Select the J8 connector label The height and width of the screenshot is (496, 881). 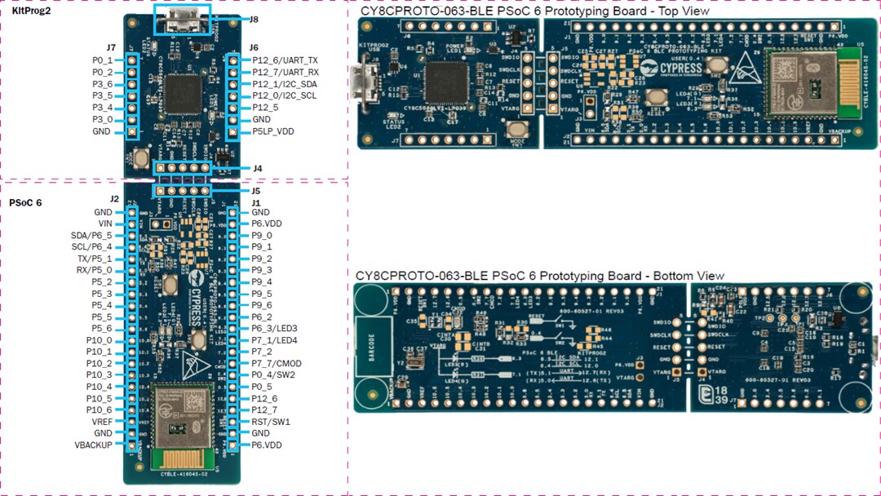(x=254, y=20)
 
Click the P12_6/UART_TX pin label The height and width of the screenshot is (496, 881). (x=285, y=60)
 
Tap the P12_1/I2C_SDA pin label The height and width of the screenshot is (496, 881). (x=285, y=84)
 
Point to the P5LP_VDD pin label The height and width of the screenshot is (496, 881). (x=273, y=131)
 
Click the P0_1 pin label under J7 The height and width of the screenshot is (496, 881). (x=102, y=60)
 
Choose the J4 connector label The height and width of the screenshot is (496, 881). (x=257, y=169)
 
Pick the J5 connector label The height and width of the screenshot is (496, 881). (x=257, y=191)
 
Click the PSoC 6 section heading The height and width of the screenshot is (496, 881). (x=25, y=202)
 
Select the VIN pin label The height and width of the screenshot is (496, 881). (x=104, y=224)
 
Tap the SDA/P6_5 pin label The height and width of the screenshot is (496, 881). (x=91, y=235)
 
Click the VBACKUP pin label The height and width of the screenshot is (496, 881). (x=93, y=445)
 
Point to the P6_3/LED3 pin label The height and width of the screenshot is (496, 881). (x=274, y=328)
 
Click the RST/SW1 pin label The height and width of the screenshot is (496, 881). (x=270, y=422)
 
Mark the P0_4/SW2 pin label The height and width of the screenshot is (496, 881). (x=272, y=375)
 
